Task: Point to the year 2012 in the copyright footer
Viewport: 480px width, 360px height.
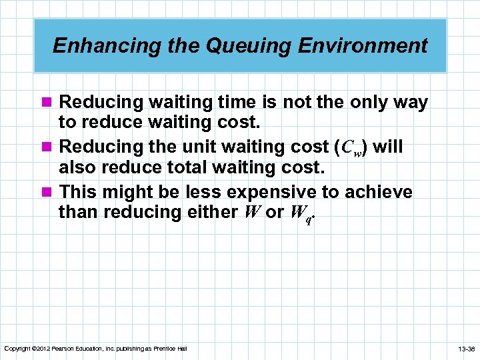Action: pyautogui.click(x=42, y=349)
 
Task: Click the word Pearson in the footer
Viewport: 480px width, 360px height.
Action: pyautogui.click(x=65, y=349)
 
